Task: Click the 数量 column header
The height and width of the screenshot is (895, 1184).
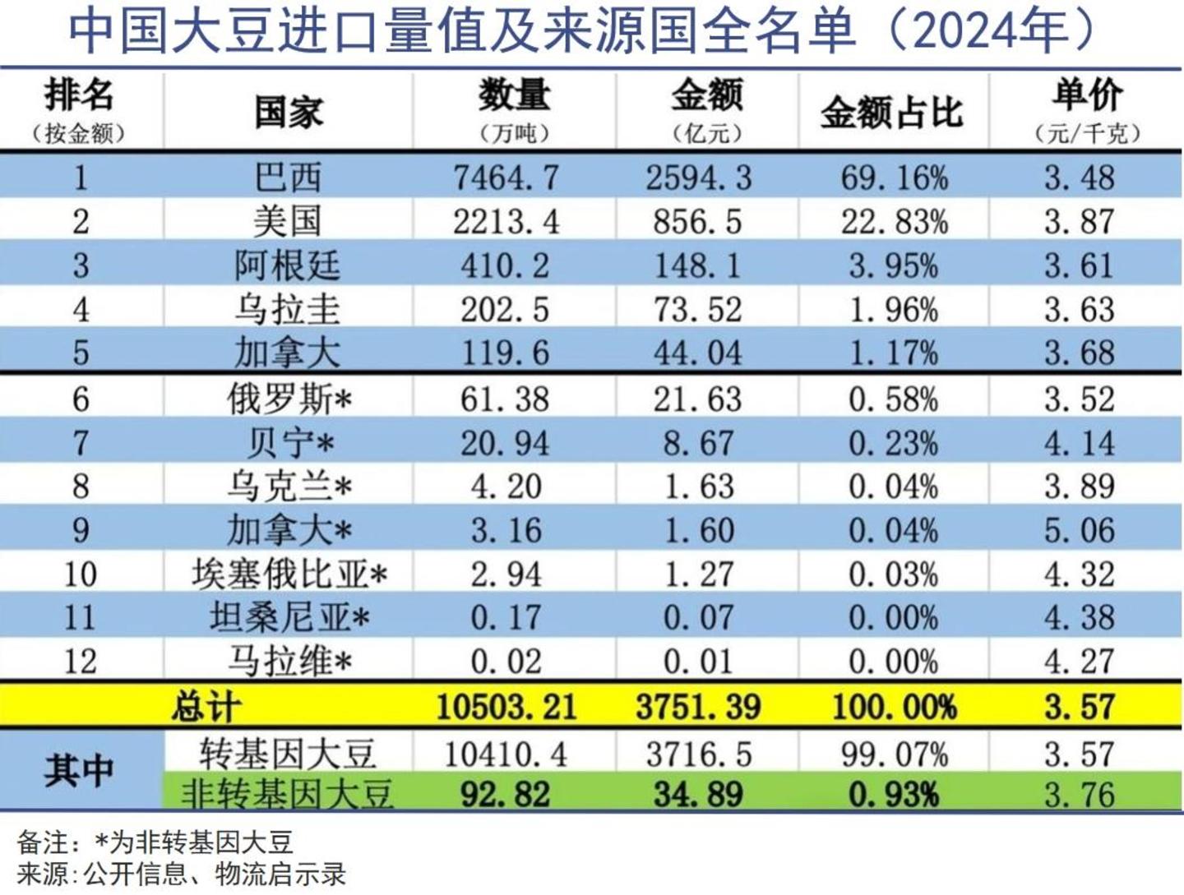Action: click(514, 97)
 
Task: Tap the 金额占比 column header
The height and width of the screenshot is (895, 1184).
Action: click(892, 113)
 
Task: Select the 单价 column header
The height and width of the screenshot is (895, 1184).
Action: click(1086, 97)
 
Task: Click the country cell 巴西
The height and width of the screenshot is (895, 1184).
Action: click(288, 178)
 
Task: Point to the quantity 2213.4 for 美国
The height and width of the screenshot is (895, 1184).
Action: click(506, 221)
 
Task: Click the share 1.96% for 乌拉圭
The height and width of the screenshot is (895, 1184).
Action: click(893, 310)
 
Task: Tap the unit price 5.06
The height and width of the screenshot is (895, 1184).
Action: click(1080, 530)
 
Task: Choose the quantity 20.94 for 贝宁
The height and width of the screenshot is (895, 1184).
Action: click(505, 444)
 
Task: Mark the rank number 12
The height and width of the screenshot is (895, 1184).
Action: click(80, 662)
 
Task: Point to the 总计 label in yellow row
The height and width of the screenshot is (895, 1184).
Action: click(206, 707)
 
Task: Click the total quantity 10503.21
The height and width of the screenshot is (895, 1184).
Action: click(506, 707)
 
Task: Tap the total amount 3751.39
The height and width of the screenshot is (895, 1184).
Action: click(698, 707)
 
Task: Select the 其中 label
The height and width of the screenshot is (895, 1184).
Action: click(79, 771)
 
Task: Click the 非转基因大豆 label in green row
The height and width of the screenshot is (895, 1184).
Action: click(287, 794)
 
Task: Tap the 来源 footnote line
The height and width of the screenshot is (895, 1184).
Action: click(181, 874)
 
